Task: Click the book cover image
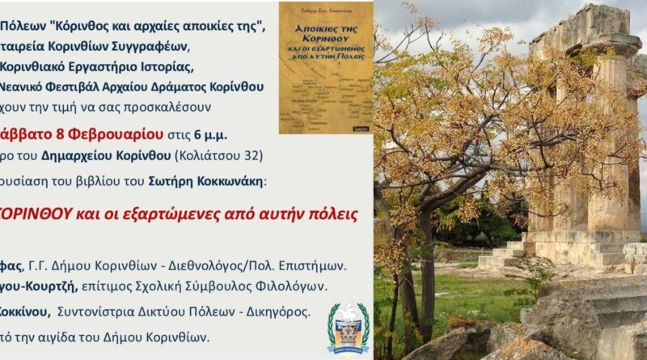click(x=326, y=67)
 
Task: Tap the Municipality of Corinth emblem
click(x=349, y=328)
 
